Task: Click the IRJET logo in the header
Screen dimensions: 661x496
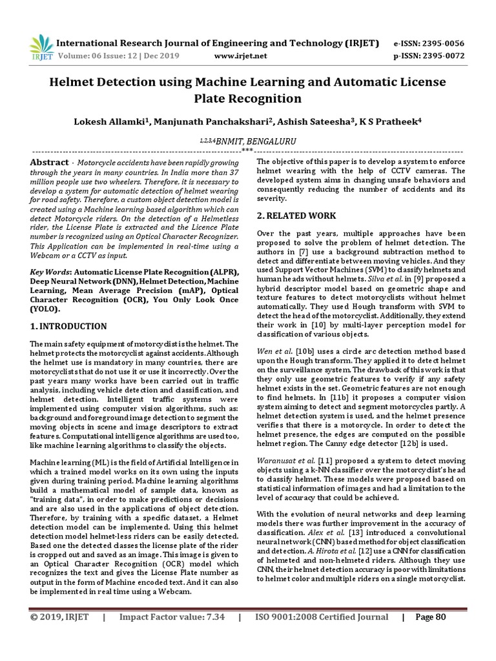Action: tap(41, 47)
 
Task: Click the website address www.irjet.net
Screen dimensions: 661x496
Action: tap(240, 56)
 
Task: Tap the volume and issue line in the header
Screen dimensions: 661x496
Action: tap(114, 56)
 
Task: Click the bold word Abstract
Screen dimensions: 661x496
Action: tap(49, 163)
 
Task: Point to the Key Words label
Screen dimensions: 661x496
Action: tap(50, 273)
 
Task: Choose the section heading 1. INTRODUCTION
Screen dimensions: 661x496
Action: tap(68, 327)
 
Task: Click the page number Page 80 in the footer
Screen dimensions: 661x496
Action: tap(430, 617)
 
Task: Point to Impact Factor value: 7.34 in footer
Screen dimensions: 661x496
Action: tap(172, 617)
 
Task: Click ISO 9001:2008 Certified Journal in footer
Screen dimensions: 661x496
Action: tap(322, 617)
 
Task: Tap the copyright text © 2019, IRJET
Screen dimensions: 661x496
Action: tap(59, 617)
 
